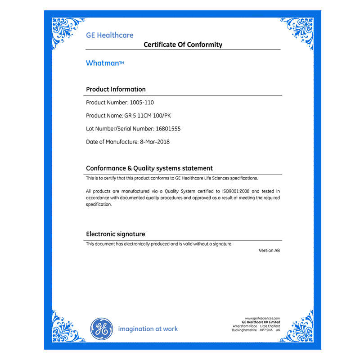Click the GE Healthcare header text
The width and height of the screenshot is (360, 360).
click(109, 35)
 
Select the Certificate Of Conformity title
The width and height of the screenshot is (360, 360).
click(183, 44)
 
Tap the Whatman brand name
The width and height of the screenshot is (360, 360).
click(104, 63)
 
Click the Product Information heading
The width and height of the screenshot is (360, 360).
click(116, 89)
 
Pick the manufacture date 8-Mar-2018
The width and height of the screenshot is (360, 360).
click(155, 142)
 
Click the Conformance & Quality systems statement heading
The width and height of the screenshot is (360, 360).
click(149, 168)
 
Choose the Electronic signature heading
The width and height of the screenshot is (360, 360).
click(115, 234)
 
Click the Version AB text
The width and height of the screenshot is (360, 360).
click(269, 250)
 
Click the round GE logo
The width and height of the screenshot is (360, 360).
click(101, 328)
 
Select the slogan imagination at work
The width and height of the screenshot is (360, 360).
click(148, 329)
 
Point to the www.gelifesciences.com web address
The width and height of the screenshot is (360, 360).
click(262, 318)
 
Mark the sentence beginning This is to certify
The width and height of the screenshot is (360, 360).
click(172, 178)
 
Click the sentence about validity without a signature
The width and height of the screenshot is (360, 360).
click(159, 244)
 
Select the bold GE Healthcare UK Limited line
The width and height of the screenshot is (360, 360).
click(261, 322)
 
